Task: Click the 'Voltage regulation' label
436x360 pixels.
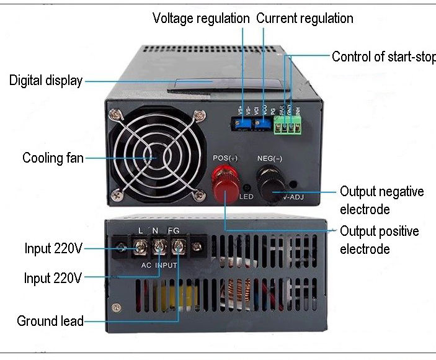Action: (x=202, y=18)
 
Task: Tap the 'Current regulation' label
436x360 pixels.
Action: (x=305, y=18)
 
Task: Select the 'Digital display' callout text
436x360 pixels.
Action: (x=45, y=80)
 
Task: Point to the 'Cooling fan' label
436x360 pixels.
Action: (x=53, y=158)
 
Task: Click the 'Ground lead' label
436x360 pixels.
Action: (x=50, y=321)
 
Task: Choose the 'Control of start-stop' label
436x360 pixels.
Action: (x=383, y=56)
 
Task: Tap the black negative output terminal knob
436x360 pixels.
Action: (x=271, y=185)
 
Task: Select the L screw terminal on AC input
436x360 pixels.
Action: (x=141, y=248)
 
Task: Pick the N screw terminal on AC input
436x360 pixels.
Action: (x=159, y=248)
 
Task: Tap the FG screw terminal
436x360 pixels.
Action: (x=178, y=248)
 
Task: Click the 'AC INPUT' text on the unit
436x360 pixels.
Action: (x=159, y=264)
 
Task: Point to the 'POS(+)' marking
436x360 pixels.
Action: (x=225, y=158)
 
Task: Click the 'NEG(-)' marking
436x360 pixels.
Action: (x=270, y=158)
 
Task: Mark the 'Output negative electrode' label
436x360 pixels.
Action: (x=381, y=200)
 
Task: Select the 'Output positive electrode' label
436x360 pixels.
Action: (x=379, y=240)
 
